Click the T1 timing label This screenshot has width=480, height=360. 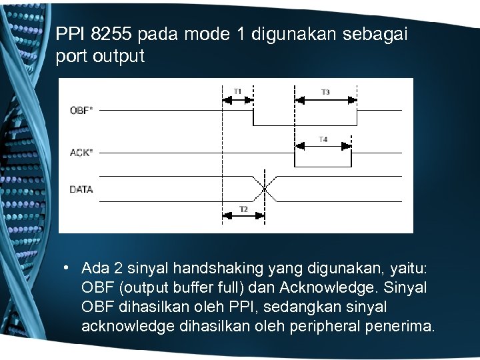tap(237, 91)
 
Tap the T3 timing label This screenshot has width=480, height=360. tap(325, 91)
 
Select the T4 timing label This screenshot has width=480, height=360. tap(323, 139)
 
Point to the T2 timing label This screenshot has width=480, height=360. tap(243, 209)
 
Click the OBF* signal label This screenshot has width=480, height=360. tap(81, 110)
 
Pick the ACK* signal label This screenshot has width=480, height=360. tap(81, 152)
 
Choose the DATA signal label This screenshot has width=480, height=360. tap(81, 189)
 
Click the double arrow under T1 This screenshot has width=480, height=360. tap(237, 100)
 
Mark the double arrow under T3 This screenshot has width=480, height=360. tap(327, 100)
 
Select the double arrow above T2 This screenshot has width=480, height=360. tap(243, 201)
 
